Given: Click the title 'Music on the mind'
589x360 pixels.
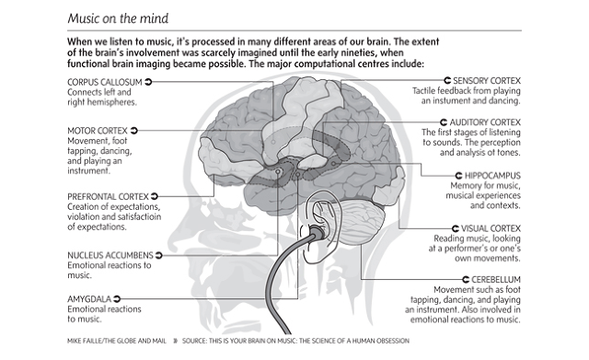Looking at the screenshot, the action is [x=118, y=18].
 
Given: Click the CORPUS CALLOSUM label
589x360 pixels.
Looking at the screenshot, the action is [x=105, y=82].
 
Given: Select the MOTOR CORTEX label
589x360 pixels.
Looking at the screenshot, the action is [x=98, y=131].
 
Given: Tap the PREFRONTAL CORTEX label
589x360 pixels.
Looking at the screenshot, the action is [x=109, y=196].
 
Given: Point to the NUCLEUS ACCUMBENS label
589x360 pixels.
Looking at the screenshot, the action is [x=110, y=256].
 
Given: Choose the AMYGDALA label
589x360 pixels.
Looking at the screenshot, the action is [x=89, y=299].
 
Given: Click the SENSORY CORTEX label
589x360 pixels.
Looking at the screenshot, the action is [x=487, y=81].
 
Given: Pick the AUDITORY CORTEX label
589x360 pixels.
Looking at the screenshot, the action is [x=485, y=122].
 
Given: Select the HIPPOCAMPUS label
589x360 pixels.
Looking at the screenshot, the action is [x=493, y=176].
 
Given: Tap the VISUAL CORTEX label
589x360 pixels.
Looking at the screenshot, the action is [x=491, y=228].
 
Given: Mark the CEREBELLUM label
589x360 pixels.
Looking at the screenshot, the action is [x=496, y=280].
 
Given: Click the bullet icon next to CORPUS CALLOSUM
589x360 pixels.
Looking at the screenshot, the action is [x=148, y=82].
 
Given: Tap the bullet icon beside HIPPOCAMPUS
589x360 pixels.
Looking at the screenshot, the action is [x=458, y=176].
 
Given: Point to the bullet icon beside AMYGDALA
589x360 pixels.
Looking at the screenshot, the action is [x=117, y=299].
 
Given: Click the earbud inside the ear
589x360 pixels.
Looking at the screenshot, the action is [x=317, y=232].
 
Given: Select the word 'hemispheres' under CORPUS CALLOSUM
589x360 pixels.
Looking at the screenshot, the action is [x=112, y=102].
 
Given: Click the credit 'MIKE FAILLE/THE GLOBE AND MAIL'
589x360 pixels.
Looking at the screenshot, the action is [x=117, y=341].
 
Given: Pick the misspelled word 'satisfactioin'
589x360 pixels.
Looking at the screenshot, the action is [x=139, y=216].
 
